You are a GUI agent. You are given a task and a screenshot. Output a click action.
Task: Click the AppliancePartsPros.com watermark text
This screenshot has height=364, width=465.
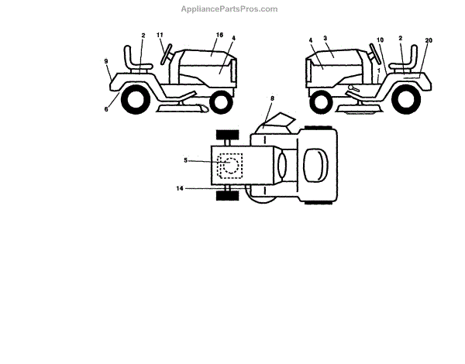click(229, 9)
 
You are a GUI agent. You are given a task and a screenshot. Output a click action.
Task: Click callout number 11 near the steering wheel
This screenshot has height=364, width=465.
click(160, 36)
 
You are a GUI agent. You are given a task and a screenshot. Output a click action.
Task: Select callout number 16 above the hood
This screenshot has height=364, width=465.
click(220, 36)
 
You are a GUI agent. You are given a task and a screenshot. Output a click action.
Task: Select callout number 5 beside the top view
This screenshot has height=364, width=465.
click(186, 160)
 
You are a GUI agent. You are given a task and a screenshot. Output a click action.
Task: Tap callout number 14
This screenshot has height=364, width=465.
click(180, 188)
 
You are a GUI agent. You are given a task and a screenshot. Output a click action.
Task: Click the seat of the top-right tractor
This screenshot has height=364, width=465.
click(403, 60)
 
